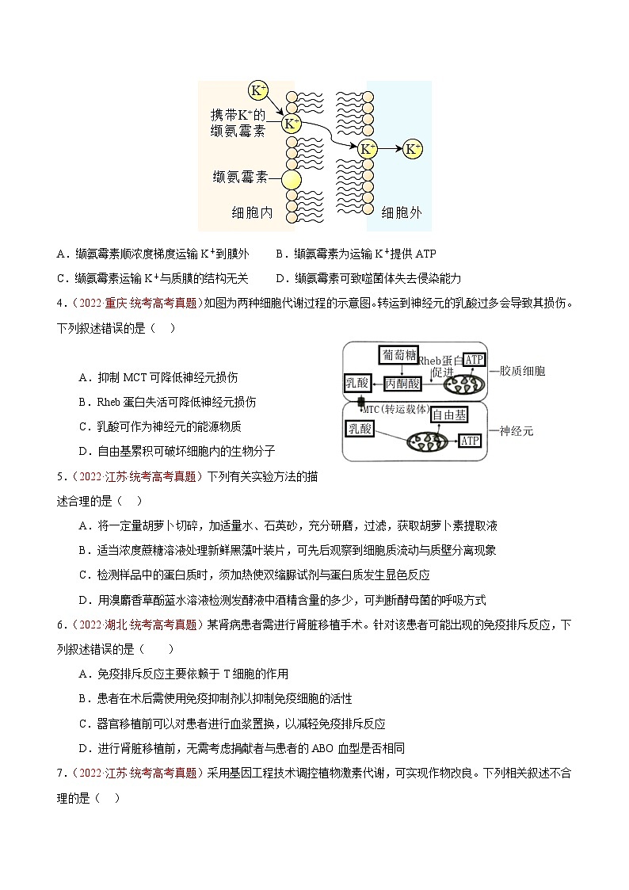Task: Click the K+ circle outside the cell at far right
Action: click(x=413, y=148)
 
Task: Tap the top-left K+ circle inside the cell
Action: click(x=258, y=90)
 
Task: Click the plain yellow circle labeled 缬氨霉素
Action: click(x=292, y=180)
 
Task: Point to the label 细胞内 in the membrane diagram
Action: click(x=253, y=212)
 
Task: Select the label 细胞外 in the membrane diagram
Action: click(x=402, y=212)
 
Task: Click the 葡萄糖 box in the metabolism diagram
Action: click(x=398, y=355)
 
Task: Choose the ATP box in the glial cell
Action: click(x=474, y=361)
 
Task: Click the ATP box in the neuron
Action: click(x=470, y=441)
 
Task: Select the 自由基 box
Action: click(x=450, y=414)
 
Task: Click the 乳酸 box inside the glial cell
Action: click(x=357, y=383)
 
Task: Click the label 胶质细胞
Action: click(x=523, y=370)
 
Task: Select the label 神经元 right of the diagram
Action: click(x=517, y=431)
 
